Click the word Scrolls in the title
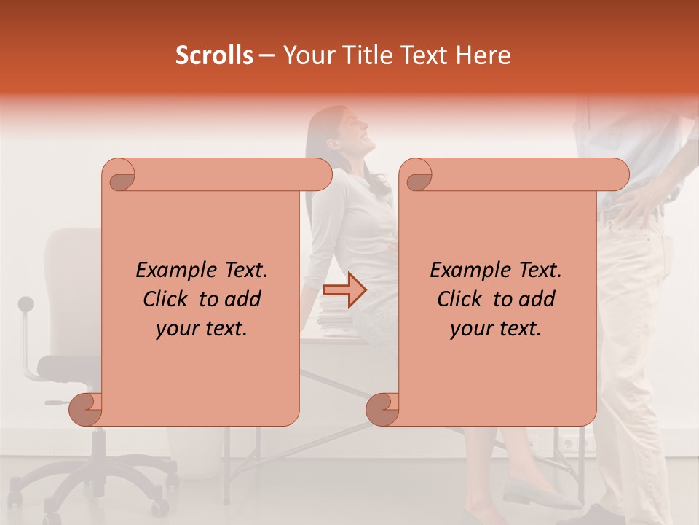[214, 55]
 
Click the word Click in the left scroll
[167, 299]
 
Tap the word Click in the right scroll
[460, 299]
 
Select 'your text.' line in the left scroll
[202, 329]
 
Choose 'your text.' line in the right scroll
[496, 329]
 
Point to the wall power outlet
[575, 442]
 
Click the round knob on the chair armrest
[26, 303]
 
